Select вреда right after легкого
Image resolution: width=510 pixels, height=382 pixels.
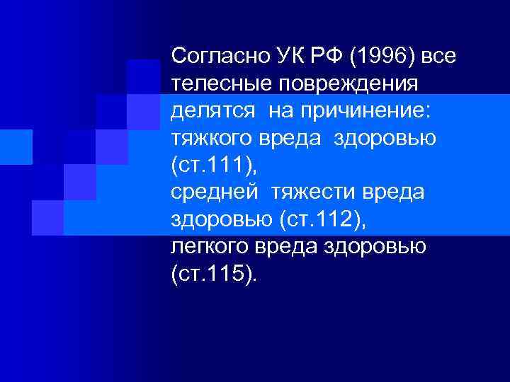point(293,248)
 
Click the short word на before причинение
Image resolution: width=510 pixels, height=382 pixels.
point(283,111)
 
